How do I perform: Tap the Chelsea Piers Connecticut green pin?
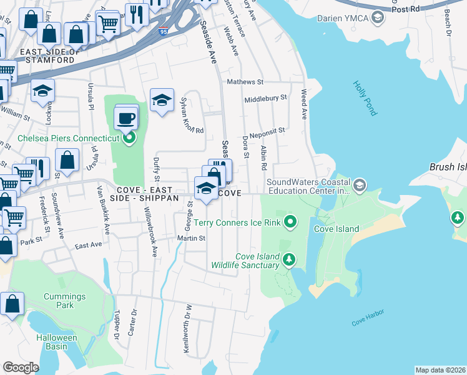[129, 137]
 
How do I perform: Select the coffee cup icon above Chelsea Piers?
[126, 117]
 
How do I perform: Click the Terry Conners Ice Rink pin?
[290, 222]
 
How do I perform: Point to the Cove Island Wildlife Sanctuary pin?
[288, 259]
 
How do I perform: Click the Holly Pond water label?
[365, 98]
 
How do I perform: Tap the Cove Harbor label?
[366, 321]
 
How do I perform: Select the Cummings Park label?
[65, 301]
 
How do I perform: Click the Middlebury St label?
[265, 98]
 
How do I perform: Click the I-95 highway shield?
[162, 31]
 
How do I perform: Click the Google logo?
[21, 367]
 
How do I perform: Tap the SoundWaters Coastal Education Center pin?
[360, 185]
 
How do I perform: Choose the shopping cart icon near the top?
[109, 24]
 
